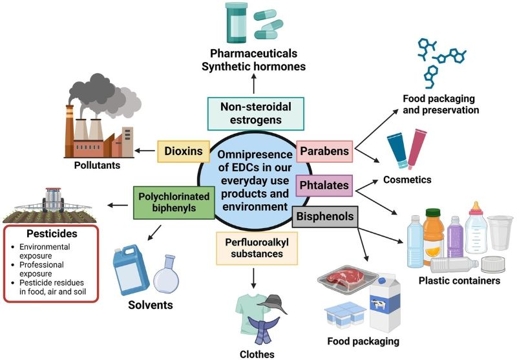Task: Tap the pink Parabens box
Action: [x=324, y=152]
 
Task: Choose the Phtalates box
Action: [x=324, y=185]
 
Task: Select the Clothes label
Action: [x=257, y=354]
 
